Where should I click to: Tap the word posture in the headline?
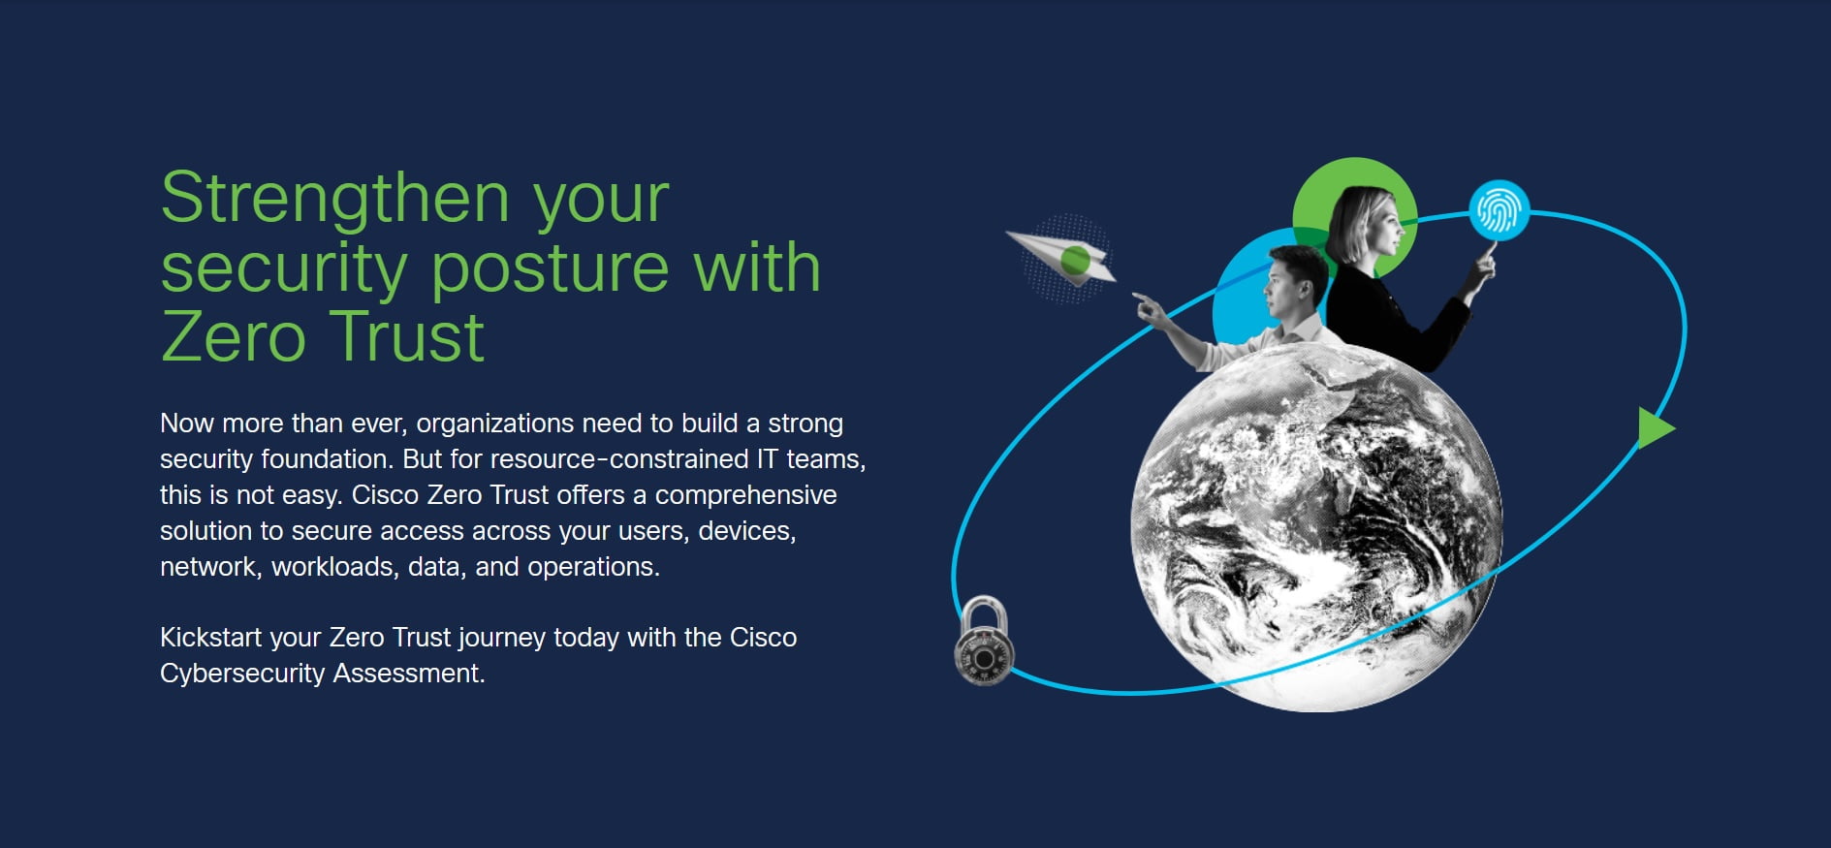pos(551,268)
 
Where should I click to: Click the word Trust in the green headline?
pos(406,337)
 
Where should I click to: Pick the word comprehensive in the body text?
pos(745,495)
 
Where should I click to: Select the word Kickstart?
pos(211,637)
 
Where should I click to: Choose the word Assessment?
pos(409,673)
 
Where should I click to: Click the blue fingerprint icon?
pos(1500,210)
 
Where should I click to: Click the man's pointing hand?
pos(1150,309)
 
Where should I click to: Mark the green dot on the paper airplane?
pos(1076,260)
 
